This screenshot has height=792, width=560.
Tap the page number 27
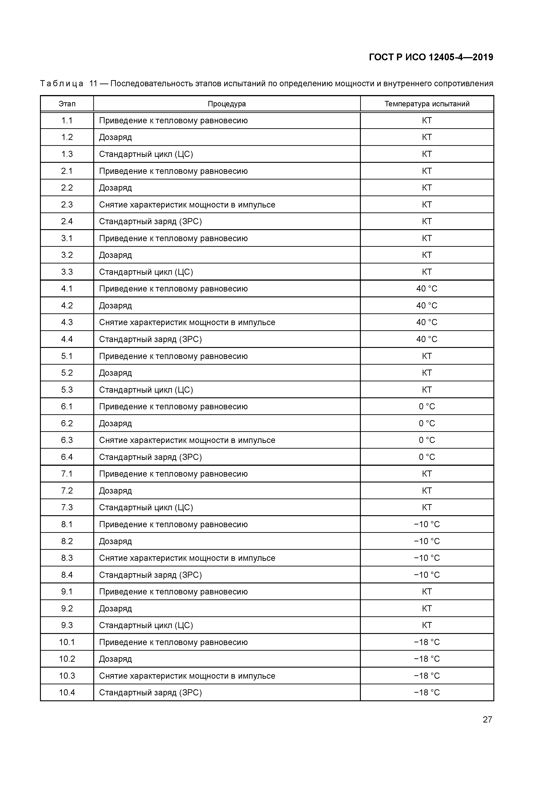pos(487,720)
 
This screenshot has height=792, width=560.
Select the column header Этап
pos(67,104)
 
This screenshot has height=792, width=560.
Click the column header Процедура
pos(227,104)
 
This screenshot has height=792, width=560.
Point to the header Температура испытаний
pos(427,104)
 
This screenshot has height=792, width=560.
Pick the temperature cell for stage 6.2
pos(427,424)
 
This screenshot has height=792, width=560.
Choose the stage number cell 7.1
pos(67,474)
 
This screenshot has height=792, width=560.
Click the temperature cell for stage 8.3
pos(427,558)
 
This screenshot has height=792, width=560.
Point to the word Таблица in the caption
pos(61,84)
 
